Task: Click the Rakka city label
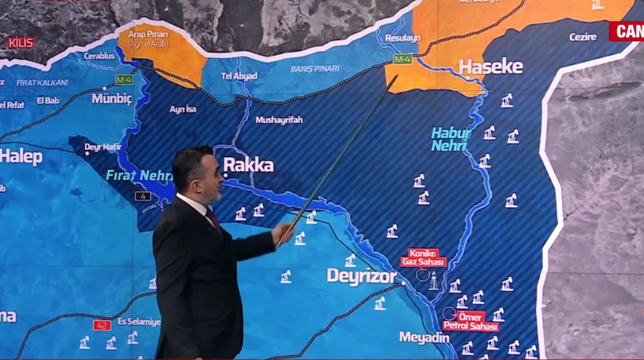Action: [249, 165]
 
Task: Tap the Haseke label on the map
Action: [491, 67]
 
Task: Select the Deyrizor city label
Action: [362, 276]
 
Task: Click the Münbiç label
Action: [112, 99]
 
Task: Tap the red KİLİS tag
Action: [21, 42]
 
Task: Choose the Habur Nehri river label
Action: [450, 139]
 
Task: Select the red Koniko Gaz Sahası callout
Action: [423, 257]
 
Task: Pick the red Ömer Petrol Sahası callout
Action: [471, 321]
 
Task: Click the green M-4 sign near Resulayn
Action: [402, 59]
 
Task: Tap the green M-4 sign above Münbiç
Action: [124, 80]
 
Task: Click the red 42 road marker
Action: [102, 325]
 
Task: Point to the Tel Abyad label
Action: [239, 76]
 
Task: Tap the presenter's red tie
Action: [213, 219]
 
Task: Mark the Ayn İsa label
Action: [182, 109]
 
